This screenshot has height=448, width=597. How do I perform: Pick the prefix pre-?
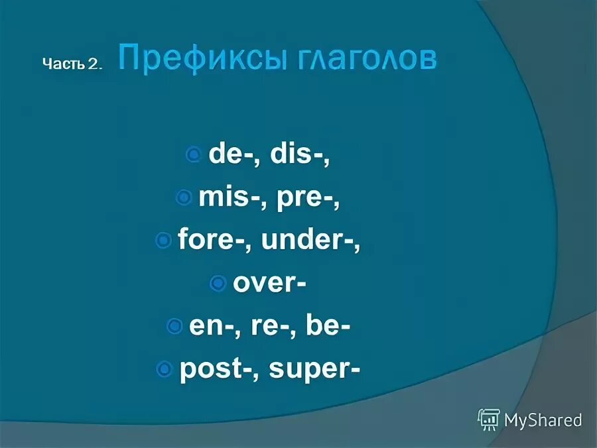(304, 197)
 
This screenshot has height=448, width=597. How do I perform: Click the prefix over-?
(268, 284)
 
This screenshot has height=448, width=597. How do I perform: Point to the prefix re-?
(265, 326)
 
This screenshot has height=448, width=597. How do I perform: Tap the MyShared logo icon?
(489, 420)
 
